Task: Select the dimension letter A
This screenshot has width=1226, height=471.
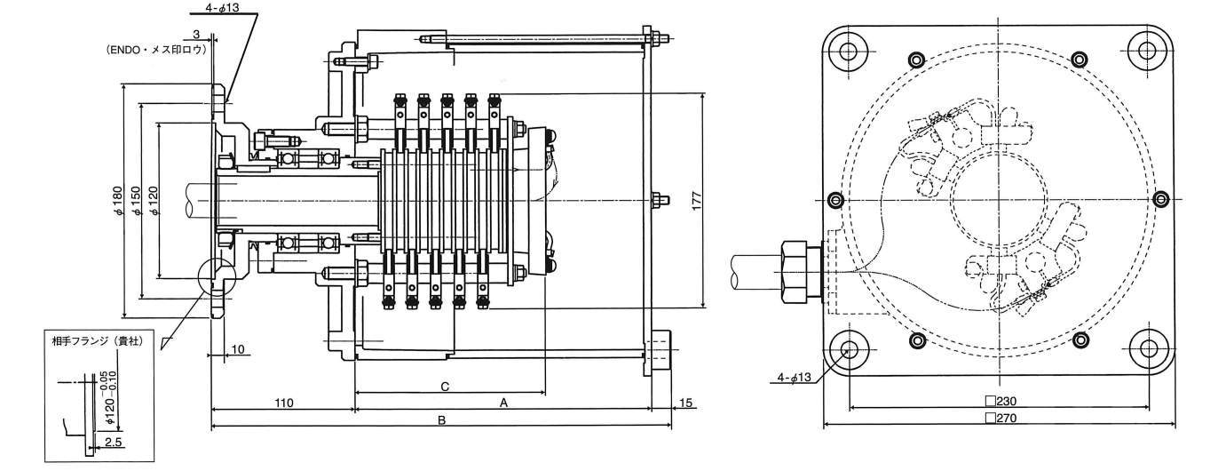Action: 503,403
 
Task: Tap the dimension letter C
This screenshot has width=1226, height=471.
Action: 444,386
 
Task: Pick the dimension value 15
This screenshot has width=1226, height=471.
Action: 684,403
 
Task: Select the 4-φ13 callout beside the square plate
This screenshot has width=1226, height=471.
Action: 792,378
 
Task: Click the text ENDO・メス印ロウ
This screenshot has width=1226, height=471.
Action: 156,51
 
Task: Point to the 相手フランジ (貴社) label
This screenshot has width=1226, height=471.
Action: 98,340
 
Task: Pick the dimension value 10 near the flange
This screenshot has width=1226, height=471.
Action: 237,349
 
